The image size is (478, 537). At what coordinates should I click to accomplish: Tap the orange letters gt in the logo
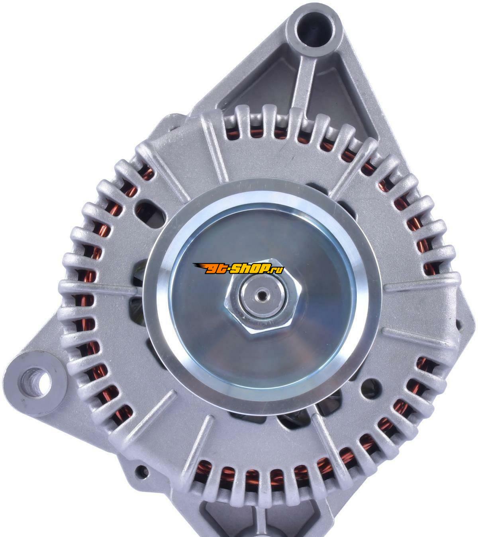click(x=214, y=269)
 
